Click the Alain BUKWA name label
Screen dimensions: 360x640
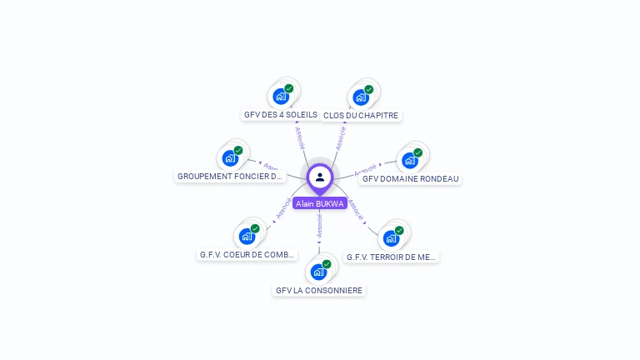coord(320,203)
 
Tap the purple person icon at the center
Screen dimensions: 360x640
coord(320,177)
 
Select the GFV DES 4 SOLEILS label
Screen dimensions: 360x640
coord(281,115)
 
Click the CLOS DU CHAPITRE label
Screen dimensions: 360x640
coord(361,116)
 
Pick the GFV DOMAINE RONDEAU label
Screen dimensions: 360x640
coord(411,178)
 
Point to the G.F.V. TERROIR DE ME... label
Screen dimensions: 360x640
coord(391,257)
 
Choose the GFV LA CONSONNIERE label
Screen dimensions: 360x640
coord(319,291)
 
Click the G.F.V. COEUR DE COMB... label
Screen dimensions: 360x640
coord(247,254)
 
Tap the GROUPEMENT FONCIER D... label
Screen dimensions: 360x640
coord(230,177)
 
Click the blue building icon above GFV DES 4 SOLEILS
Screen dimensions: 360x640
coord(281,96)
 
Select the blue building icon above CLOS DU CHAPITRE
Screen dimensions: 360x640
coord(361,97)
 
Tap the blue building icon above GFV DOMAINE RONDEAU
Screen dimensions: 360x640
coord(410,160)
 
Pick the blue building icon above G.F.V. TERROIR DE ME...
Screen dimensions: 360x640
coord(391,238)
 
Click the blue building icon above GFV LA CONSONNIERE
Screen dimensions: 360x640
coord(318,272)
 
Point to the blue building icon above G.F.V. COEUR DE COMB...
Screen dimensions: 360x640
coord(247,236)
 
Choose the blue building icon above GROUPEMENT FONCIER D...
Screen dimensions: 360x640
coord(230,157)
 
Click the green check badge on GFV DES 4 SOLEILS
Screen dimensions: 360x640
coord(289,88)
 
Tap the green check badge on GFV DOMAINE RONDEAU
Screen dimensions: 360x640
coord(418,152)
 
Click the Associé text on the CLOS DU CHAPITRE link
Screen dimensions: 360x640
coord(341,138)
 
